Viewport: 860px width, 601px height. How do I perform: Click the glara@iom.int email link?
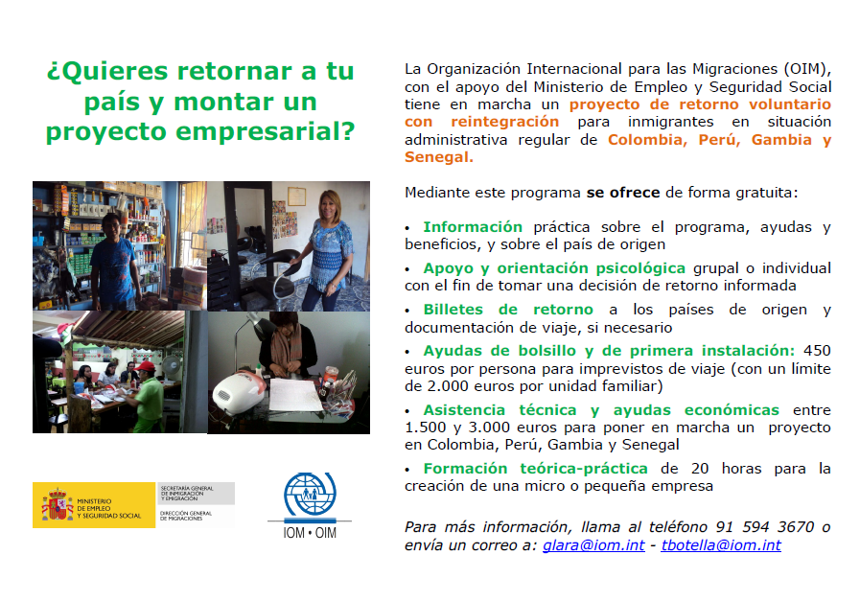pos(593,545)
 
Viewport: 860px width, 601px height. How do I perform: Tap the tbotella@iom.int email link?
pos(721,545)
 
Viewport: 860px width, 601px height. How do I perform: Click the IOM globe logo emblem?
pos(310,496)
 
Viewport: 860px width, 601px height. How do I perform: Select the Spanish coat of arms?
pos(57,504)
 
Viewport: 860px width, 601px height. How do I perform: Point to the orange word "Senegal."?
pos(439,157)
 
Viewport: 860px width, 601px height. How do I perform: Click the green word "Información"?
pos(473,227)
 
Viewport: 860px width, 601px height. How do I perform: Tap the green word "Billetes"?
pos(453,310)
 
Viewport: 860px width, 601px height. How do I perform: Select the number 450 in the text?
pos(817,351)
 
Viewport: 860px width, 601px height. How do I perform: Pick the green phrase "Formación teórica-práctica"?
pos(535,469)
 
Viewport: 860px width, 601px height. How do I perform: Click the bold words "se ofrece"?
pos(623,193)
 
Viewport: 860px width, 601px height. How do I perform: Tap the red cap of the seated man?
pos(146,366)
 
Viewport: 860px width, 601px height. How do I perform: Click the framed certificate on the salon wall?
pos(296,196)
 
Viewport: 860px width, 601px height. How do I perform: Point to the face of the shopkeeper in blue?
pos(111,226)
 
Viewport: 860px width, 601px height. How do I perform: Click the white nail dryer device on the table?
pos(238,393)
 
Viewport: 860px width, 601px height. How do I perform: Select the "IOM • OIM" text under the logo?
pos(310,532)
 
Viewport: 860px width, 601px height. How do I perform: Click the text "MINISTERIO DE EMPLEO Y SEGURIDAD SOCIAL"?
pos(108,508)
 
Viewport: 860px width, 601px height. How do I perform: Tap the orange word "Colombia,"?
pos(647,140)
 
